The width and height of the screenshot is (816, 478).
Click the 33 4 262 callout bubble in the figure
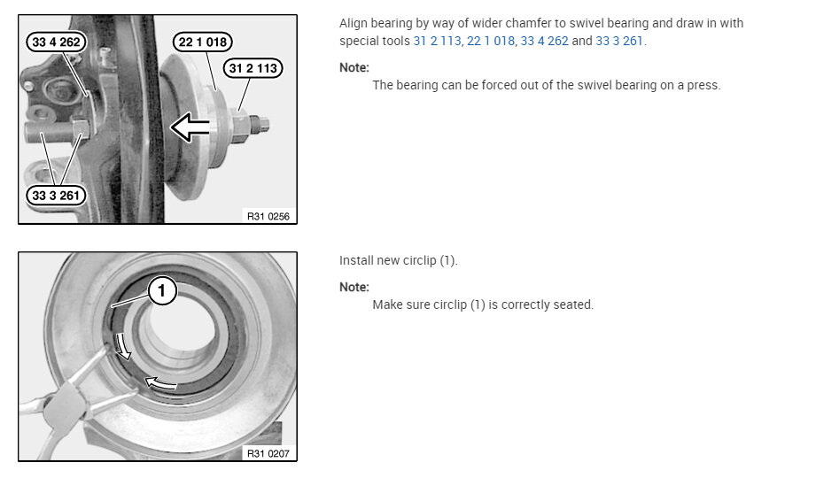(56, 42)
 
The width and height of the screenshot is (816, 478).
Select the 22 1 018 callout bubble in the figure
(202, 42)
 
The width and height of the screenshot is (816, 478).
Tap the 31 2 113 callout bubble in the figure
(253, 68)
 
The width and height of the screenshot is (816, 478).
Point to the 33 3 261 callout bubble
(56, 196)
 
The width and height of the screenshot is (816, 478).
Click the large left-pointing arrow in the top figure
(190, 127)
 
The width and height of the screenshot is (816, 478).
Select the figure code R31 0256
(268, 216)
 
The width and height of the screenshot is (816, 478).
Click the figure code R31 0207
(268, 453)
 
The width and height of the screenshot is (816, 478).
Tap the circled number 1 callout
(162, 290)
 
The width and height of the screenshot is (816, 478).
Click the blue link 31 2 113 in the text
(437, 41)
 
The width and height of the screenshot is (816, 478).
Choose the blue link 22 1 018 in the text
(491, 41)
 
